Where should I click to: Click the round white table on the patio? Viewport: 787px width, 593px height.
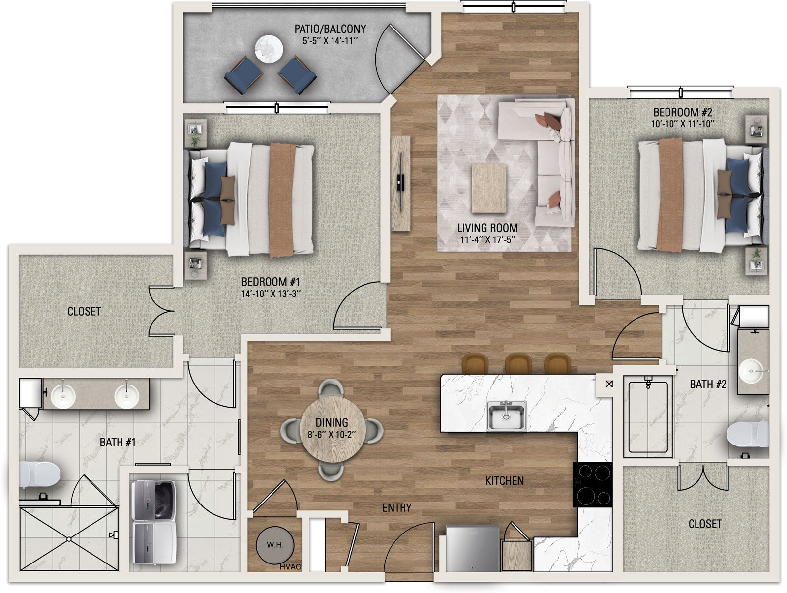tap(269, 49)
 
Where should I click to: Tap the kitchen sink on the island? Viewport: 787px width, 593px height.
tap(506, 415)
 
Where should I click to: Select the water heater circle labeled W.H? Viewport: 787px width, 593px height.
tap(275, 545)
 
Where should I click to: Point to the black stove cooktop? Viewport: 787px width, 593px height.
tap(592, 484)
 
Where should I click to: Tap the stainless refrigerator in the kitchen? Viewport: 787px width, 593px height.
tap(473, 548)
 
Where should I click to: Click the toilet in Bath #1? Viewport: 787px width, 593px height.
tap(39, 474)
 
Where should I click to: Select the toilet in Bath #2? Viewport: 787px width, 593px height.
tap(748, 434)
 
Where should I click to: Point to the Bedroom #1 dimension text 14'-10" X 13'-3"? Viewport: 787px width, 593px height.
tap(271, 294)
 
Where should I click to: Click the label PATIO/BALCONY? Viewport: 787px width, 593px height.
tap(330, 29)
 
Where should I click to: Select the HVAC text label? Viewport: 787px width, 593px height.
tap(290, 567)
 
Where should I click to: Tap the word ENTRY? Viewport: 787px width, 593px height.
tap(397, 508)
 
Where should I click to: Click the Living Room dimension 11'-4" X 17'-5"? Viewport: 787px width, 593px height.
tap(487, 239)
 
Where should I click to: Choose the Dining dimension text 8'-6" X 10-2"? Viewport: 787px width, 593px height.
tap(332, 435)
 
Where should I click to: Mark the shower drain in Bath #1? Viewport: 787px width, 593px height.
tap(69, 539)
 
